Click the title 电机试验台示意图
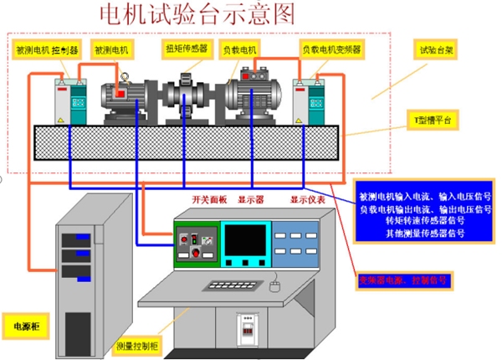coord(197,13)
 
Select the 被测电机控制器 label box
coord(47,50)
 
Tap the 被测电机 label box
coord(111,50)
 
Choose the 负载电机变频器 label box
coord(332,50)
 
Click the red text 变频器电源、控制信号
coord(404,279)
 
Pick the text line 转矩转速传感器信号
coord(412,220)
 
